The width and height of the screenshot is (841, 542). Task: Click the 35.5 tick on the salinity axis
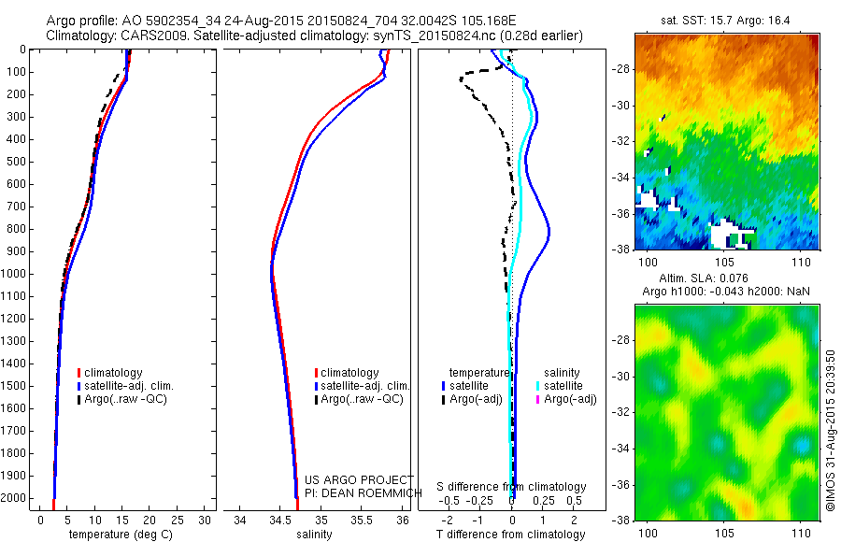[x=362, y=520]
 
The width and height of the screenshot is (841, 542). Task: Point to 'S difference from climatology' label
[x=512, y=488]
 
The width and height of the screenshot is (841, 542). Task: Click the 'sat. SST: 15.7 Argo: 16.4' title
[x=725, y=19]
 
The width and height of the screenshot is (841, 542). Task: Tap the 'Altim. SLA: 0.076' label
[x=726, y=279]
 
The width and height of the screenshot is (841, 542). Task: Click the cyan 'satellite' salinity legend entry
[x=563, y=385]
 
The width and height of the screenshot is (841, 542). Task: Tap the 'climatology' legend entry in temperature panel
[x=114, y=373]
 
